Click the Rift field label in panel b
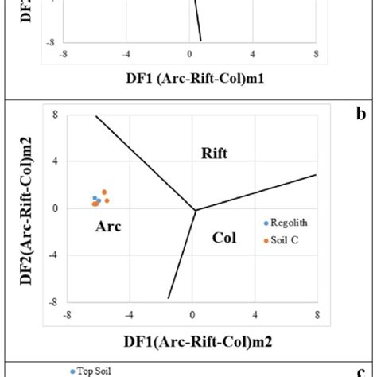pyautogui.click(x=214, y=154)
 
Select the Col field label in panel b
pyautogui.click(x=225, y=237)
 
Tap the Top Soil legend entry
pyautogui.click(x=91, y=371)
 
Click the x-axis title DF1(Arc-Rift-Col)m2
pyautogui.click(x=188, y=342)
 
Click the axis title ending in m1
pyautogui.click(x=189, y=78)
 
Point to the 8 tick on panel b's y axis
pyautogui.click(x=55, y=115)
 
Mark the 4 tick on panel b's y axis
pyautogui.click(x=55, y=161)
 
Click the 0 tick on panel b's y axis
pyautogui.click(x=55, y=208)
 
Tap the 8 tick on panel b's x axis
pyautogui.click(x=317, y=314)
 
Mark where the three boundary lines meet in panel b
pyautogui.click(x=196, y=210)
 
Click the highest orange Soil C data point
pyautogui.click(x=104, y=192)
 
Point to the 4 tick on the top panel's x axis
pyautogui.click(x=252, y=55)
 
